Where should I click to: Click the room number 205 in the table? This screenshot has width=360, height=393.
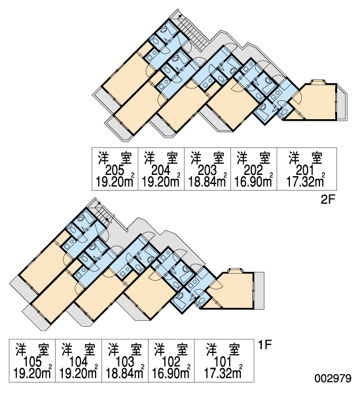click(115, 171)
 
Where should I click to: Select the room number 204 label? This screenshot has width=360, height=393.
click(161, 171)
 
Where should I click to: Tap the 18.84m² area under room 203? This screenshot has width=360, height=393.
click(207, 181)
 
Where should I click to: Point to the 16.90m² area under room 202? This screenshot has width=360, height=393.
click(253, 181)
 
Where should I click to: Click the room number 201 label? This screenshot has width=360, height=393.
click(305, 171)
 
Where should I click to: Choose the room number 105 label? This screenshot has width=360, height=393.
click(32, 362)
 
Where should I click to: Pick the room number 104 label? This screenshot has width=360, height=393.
click(79, 362)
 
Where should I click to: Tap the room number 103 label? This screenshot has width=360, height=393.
click(125, 362)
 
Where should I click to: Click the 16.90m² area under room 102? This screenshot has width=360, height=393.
click(171, 373)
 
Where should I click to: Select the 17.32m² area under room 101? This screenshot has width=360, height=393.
click(223, 373)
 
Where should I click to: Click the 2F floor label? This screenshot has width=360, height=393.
click(328, 200)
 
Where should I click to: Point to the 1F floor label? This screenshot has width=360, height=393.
click(265, 345)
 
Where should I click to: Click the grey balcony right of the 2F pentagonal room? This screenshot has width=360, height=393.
click(342, 103)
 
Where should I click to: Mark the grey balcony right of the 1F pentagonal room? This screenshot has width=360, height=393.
click(259, 290)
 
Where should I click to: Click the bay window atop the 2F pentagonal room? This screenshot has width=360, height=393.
click(318, 82)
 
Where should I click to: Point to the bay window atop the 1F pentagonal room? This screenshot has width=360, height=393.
click(235, 271)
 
